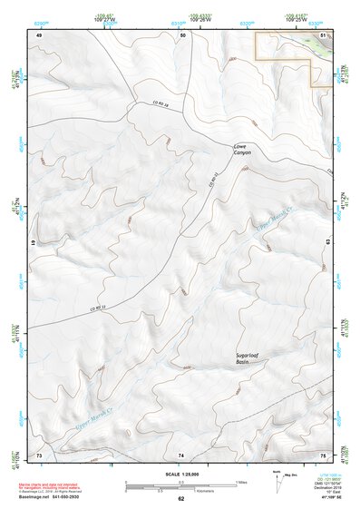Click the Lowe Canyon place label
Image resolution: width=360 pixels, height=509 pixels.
242,149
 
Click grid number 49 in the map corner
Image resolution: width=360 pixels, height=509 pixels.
39,34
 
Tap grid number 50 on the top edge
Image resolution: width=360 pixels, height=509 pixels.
182,34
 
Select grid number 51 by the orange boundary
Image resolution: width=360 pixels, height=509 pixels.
324,34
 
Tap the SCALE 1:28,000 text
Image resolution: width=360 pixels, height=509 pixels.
182,475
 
